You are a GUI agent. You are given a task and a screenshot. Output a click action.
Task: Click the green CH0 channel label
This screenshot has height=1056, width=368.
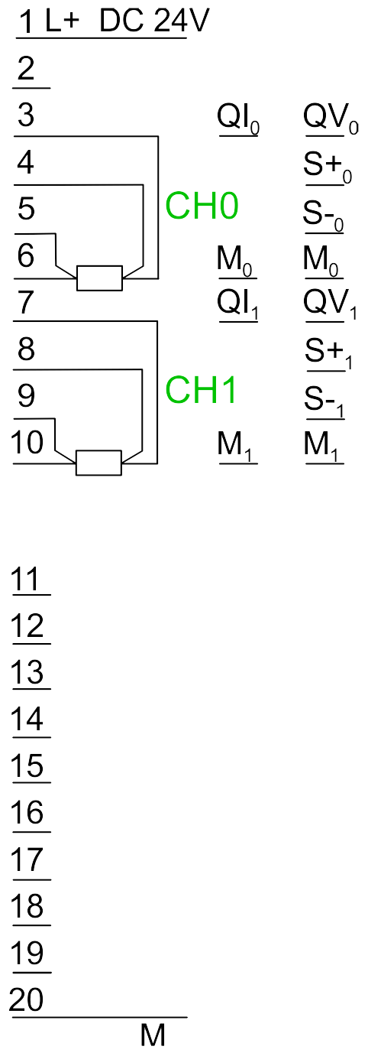pyautogui.click(x=202, y=206)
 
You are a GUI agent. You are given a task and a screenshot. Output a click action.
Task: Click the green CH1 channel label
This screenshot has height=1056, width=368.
pyautogui.click(x=201, y=390)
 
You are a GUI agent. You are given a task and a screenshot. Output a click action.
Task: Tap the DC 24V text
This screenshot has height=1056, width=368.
pyautogui.click(x=154, y=21)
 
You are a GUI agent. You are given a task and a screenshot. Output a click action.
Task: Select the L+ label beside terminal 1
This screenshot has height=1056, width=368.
pyautogui.click(x=62, y=21)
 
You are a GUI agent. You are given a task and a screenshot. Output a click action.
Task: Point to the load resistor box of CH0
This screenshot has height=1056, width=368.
pyautogui.click(x=99, y=278)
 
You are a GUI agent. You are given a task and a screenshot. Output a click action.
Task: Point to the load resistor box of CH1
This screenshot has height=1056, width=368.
pyautogui.click(x=98, y=463)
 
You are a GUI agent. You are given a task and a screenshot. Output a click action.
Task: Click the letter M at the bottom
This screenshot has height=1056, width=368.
pyautogui.click(x=153, y=1035)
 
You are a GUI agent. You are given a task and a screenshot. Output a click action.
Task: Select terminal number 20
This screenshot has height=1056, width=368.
pyautogui.click(x=27, y=999)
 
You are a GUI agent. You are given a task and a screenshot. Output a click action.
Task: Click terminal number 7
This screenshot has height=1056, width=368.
pyautogui.click(x=26, y=302)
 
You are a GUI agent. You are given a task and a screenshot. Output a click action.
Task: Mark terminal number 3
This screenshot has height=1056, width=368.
pyautogui.click(x=26, y=115)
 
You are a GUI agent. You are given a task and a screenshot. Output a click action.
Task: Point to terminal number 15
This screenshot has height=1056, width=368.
pyautogui.click(x=27, y=765)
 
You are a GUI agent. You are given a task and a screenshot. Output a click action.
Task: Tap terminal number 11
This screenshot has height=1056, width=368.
pyautogui.click(x=27, y=579)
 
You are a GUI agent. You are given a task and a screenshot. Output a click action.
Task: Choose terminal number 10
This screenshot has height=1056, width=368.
pyautogui.click(x=27, y=442)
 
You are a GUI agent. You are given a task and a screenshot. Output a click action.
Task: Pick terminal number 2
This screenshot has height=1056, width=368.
pyautogui.click(x=27, y=68)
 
